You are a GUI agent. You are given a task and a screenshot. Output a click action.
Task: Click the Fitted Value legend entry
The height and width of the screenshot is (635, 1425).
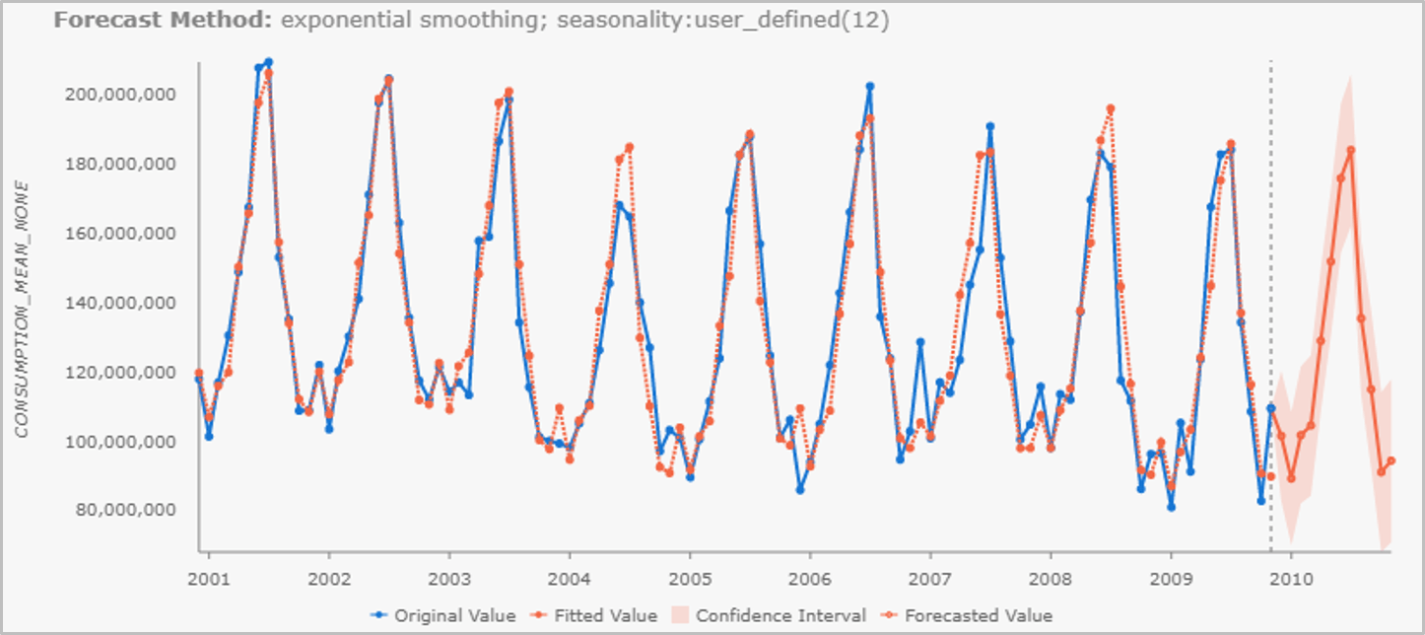point(596,615)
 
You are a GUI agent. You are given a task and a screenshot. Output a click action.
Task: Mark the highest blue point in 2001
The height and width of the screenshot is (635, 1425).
point(269,62)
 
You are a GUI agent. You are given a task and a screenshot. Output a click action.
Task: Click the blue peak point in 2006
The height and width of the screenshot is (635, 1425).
point(870,87)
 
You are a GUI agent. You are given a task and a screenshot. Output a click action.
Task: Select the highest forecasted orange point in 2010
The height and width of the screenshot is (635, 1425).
point(1351,151)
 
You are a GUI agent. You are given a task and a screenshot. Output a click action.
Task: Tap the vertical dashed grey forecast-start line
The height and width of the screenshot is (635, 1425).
point(1270,296)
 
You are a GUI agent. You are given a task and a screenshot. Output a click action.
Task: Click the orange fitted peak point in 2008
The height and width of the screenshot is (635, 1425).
point(1111,108)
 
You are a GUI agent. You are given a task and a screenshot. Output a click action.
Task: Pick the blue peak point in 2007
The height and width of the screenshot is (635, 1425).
point(990,126)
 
